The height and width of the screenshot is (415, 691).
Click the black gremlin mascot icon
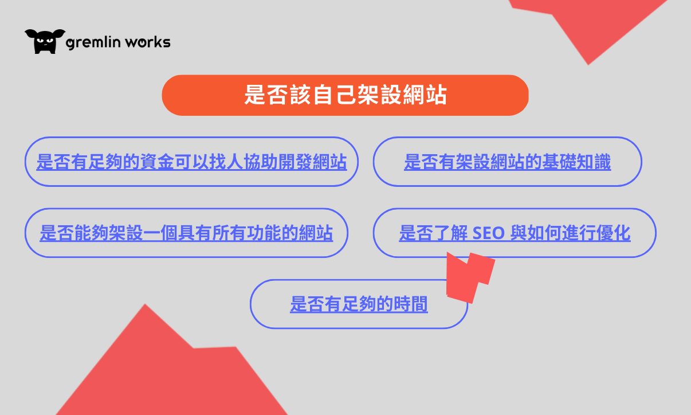(x=45, y=41)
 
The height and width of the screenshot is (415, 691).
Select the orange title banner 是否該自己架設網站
(x=345, y=95)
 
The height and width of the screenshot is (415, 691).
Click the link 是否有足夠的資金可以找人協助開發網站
(x=191, y=162)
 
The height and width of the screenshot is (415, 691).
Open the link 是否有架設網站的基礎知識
(x=508, y=162)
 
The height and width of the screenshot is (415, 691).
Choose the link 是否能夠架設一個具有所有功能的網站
(x=186, y=233)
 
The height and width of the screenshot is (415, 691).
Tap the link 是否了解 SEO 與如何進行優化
(x=515, y=233)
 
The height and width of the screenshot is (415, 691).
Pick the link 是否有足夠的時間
(x=359, y=304)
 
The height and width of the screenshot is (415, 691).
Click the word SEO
(x=489, y=233)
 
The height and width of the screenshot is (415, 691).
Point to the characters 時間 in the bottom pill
(x=411, y=304)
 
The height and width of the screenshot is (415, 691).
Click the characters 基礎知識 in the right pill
(x=576, y=162)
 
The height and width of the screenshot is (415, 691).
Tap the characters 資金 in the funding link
(x=157, y=162)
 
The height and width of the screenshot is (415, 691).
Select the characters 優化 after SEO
(x=613, y=233)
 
